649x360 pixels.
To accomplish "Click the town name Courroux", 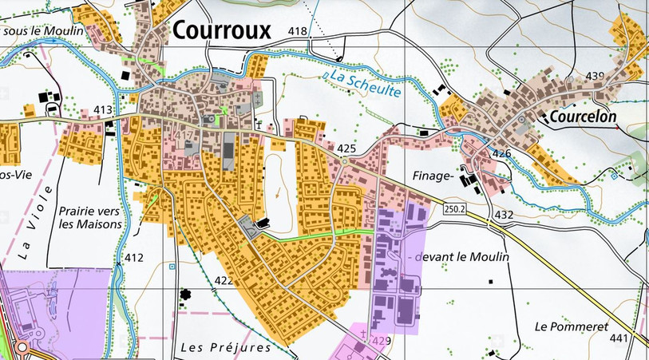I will (222, 30).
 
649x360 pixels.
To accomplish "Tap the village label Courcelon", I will (583, 117).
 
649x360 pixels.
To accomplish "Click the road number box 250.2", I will (451, 208).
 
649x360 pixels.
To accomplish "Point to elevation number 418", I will (298, 31).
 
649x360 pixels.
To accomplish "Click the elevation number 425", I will (346, 149).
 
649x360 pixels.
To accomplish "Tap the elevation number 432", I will (504, 215).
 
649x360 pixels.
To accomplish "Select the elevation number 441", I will (619, 338).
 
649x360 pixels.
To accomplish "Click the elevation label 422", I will (224, 280).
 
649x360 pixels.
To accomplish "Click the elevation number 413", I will (102, 109).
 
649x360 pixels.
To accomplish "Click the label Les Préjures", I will (226, 347).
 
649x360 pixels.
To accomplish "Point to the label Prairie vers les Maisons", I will (90, 218).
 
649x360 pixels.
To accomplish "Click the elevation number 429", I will (381, 341).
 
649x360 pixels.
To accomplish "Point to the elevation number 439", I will (595, 76).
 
